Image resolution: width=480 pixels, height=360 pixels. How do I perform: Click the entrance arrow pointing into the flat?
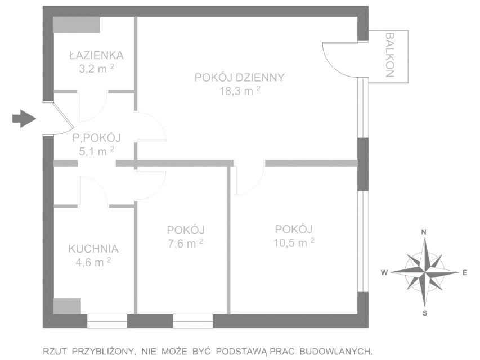[24, 119]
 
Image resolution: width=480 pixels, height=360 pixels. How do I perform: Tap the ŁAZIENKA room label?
[97, 56]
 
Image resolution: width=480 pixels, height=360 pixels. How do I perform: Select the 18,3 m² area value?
[240, 91]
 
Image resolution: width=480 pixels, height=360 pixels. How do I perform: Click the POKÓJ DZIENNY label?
[240, 78]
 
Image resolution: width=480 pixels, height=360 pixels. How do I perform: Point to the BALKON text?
[389, 55]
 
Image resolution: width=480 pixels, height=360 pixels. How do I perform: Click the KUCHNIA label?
[93, 249]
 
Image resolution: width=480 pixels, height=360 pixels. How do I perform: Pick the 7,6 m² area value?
[186, 243]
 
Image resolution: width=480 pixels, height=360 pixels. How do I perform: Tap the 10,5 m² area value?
[294, 242]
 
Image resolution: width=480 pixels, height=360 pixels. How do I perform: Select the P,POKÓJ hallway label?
[97, 138]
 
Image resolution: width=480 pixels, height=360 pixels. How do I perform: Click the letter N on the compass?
[424, 232]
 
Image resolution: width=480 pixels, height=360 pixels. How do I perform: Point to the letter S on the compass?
[425, 313]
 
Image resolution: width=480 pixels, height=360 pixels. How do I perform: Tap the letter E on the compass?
[465, 272]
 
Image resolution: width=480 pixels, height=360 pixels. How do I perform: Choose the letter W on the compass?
[384, 272]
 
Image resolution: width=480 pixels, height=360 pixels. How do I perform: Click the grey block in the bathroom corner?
[77, 25]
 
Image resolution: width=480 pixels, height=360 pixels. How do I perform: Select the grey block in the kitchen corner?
[67, 306]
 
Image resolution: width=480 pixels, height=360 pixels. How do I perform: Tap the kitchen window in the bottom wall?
[107, 321]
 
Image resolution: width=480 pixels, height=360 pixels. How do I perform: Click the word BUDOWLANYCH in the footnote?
[336, 352]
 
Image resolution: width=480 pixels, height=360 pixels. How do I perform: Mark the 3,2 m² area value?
[96, 69]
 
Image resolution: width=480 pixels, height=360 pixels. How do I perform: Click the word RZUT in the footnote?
[55, 352]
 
